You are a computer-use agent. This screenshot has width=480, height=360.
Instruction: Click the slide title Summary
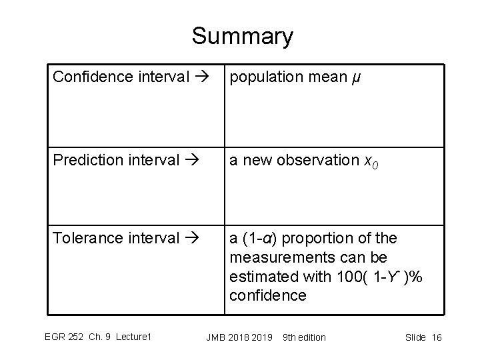(x=241, y=36)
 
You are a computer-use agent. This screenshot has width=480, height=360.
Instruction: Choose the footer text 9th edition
(x=305, y=337)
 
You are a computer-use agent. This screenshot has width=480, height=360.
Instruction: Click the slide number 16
(x=437, y=337)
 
